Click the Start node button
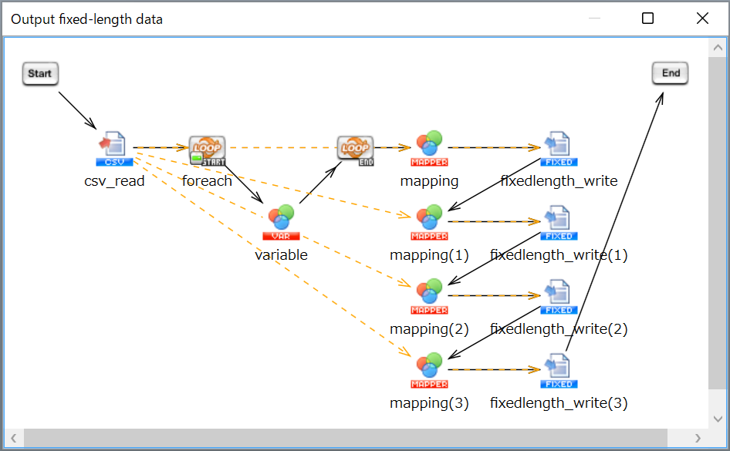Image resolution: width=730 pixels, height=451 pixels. coord(40,73)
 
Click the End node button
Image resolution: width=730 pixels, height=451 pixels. coord(670,73)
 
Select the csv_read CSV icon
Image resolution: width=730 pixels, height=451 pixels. coord(114,149)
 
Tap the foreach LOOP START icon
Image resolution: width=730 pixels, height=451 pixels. coord(207,150)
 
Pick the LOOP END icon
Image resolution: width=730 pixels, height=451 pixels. coord(355,150)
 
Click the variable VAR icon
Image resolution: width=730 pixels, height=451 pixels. coord(281,222)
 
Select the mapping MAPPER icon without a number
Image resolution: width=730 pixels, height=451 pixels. coord(429,148)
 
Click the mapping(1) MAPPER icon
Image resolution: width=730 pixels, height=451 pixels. coord(429,222)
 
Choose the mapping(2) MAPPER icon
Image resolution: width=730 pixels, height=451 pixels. coord(429,296)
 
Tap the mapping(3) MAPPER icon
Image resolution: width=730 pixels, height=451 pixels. coord(429,370)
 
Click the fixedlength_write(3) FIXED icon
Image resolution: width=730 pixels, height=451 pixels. coord(559,371)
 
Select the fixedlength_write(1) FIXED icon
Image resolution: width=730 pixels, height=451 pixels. coord(559,223)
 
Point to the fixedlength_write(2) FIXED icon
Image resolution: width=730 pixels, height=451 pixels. coord(559,297)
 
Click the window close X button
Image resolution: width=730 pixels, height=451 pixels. coord(702,19)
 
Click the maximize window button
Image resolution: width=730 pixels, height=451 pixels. coord(647,19)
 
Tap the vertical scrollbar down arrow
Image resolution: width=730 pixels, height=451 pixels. coord(718,419)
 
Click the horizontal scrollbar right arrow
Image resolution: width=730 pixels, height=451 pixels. coord(698,438)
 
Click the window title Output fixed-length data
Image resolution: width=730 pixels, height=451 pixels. coord(86,19)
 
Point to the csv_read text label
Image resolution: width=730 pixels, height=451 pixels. coord(114,181)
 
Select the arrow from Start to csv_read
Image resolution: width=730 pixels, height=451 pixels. coord(77,110)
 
